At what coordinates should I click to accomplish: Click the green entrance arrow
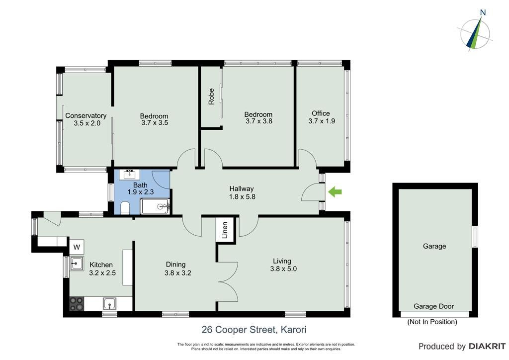[335, 192]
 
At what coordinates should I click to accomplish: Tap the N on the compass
[483, 12]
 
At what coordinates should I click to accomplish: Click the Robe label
[211, 96]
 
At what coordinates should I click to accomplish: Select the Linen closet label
[225, 230]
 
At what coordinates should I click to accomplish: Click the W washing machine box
[77, 247]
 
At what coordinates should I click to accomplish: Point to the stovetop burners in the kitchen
[77, 304]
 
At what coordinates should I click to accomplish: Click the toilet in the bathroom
[125, 208]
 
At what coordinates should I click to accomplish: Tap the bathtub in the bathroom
[155, 206]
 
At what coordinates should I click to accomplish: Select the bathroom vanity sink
[130, 175]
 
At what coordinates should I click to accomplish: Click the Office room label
[321, 113]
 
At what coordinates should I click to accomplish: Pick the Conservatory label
[85, 115]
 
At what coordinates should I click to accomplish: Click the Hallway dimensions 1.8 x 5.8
[242, 196]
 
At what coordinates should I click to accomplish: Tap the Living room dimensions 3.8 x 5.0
[283, 269]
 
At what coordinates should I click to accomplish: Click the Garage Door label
[433, 306]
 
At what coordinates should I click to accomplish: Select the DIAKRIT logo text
[487, 347]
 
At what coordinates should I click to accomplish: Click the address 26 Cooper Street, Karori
[254, 330]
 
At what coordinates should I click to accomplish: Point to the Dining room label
[175, 265]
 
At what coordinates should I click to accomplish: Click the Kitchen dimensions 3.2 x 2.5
[102, 272]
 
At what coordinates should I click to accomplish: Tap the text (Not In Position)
[432, 322]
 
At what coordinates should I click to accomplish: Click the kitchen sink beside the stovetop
[109, 304]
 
